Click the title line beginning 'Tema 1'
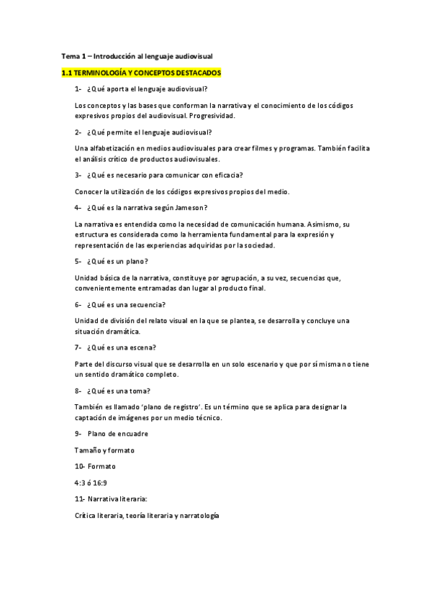tap(137, 55)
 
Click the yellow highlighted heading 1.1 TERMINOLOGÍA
tap(141, 73)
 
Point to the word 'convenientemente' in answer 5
tap(109, 288)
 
